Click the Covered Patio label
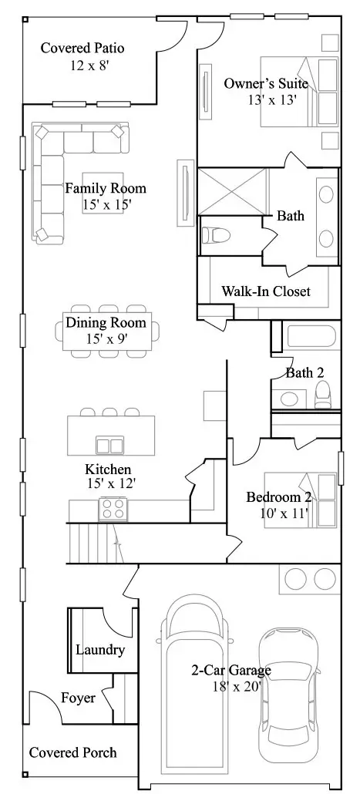82,49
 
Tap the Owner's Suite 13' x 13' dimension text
272,99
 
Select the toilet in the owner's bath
216,235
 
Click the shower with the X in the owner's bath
232,191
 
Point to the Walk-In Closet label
266,291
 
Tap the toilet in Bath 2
323,395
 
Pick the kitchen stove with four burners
113,509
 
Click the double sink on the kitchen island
110,446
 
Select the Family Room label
106,188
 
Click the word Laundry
100,650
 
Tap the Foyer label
78,698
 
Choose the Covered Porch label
73,752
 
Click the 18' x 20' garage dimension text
237,686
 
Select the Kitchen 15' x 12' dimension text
112,483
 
